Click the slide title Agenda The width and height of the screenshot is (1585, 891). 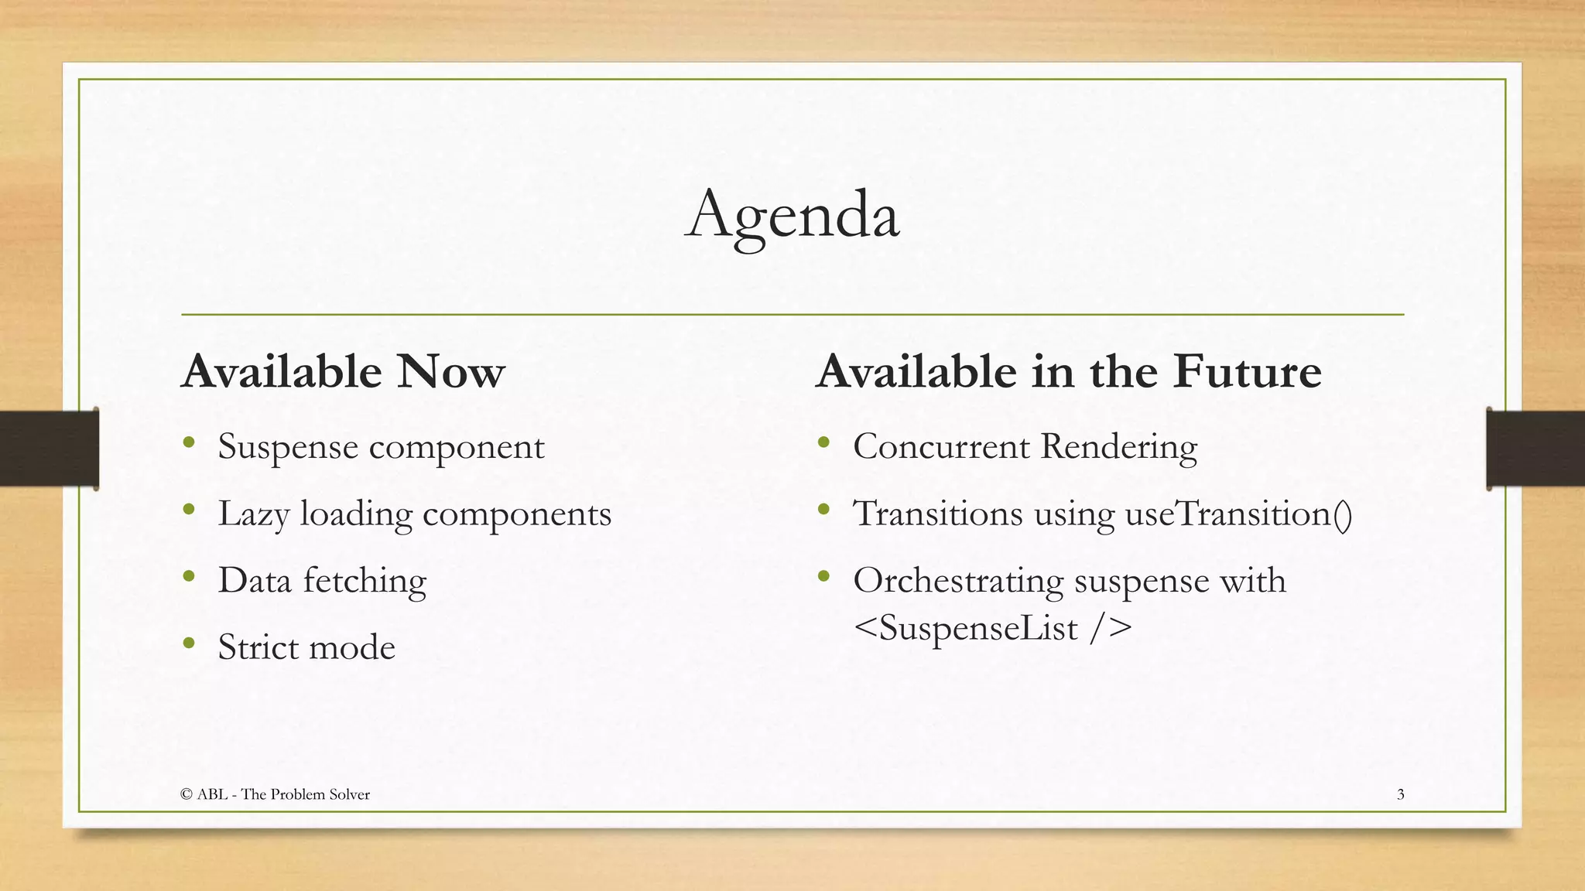pos(792,214)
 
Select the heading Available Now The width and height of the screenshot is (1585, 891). pos(343,371)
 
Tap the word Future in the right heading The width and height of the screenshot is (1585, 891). pos(1247,371)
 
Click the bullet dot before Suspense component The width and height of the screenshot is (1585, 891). pos(189,443)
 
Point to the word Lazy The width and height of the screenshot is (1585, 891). pos(253,514)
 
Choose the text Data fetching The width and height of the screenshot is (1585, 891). pos(322,581)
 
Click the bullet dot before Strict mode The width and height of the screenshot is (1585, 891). pos(189,643)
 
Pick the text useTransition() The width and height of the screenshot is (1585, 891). pos(1238,514)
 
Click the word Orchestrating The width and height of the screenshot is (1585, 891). pos(958,581)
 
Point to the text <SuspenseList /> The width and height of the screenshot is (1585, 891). pos(992,627)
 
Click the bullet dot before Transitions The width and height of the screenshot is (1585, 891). pos(823,510)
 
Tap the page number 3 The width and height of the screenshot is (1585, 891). pos(1400,794)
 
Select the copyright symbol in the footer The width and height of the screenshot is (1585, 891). pos(186,794)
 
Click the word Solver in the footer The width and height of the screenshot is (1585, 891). pos(351,794)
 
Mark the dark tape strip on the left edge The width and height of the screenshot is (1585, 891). pos(49,449)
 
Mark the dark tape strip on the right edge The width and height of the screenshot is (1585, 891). pos(1535,449)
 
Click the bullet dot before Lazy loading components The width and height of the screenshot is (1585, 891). pos(189,510)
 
